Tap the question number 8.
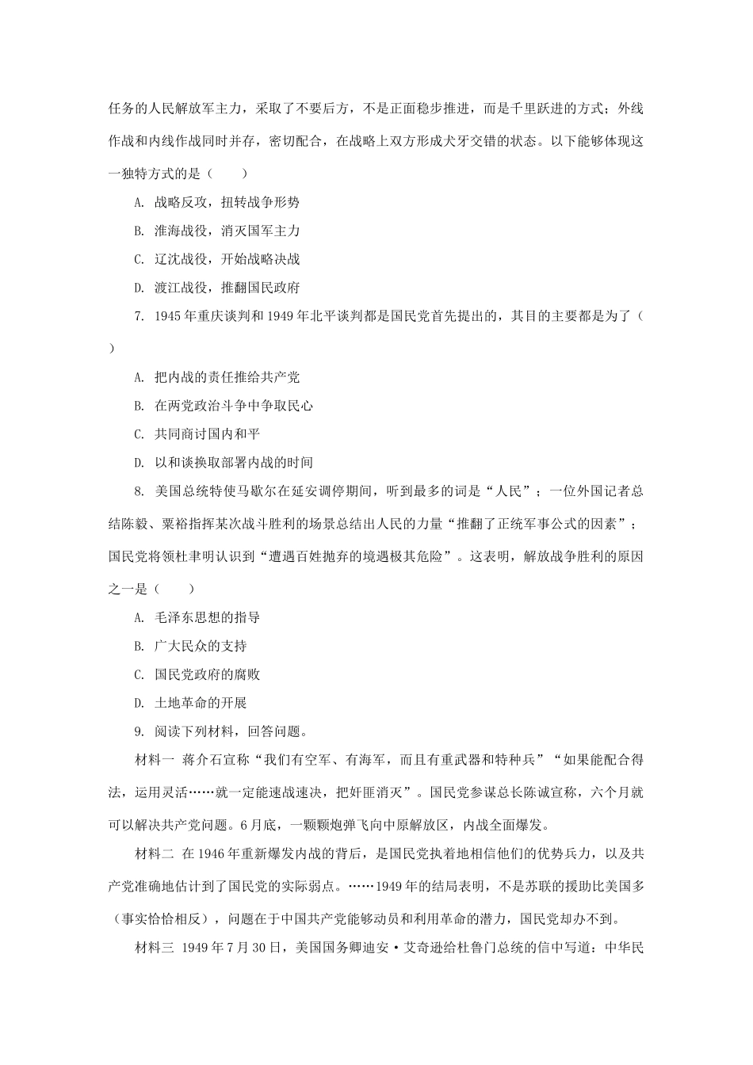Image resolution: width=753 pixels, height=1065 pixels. point(139,491)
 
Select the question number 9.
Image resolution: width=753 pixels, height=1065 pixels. point(139,731)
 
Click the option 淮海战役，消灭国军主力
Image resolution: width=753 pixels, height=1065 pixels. point(226,231)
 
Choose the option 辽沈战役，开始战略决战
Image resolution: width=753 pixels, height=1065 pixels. point(226,259)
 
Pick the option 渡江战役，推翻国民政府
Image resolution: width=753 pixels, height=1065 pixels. point(226,288)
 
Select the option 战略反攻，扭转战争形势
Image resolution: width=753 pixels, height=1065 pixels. point(226,202)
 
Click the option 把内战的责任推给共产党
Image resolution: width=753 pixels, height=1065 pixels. point(226,377)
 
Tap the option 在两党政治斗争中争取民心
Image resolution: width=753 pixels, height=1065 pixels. point(233,406)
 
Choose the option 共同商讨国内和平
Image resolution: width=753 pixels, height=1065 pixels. point(207,434)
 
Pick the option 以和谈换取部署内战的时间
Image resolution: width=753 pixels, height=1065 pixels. point(233,463)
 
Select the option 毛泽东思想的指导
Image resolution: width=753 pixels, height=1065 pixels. point(207,617)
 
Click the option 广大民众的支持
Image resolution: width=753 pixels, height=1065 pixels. point(201,646)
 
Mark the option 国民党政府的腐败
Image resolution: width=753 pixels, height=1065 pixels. point(207,674)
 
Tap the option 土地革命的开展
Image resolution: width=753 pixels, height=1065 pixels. point(201,703)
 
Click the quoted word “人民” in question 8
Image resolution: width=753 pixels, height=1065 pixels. point(507,491)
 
